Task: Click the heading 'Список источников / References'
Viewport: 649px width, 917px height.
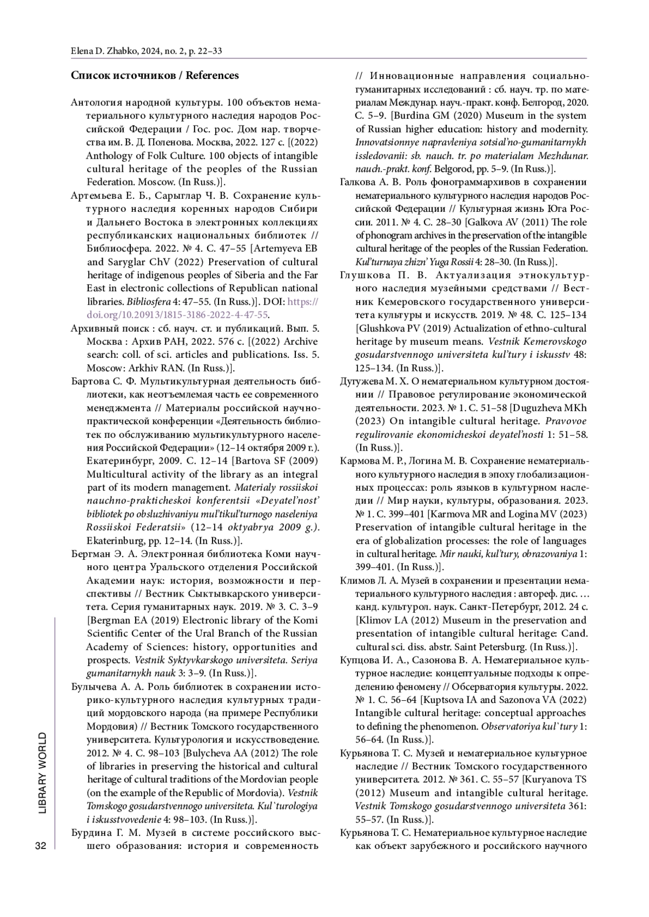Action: point(155,76)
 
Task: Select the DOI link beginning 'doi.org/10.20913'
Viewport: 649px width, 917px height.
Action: point(177,314)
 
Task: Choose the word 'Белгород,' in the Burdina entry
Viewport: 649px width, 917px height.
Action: point(539,102)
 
